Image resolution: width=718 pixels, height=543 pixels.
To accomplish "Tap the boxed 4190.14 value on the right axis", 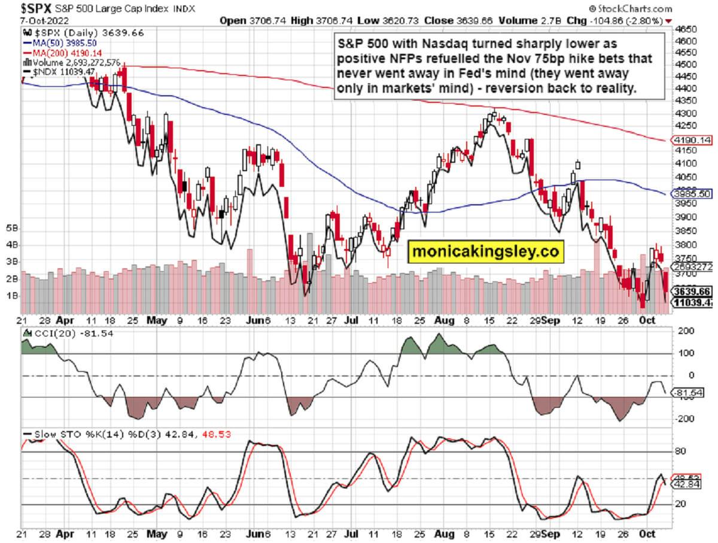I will [x=691, y=140].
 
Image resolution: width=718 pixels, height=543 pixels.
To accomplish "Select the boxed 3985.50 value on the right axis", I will [x=691, y=194].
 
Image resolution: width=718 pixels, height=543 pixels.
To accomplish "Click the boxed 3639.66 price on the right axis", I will [x=691, y=291].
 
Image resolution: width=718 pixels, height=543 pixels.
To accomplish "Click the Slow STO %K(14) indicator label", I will [x=78, y=433].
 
